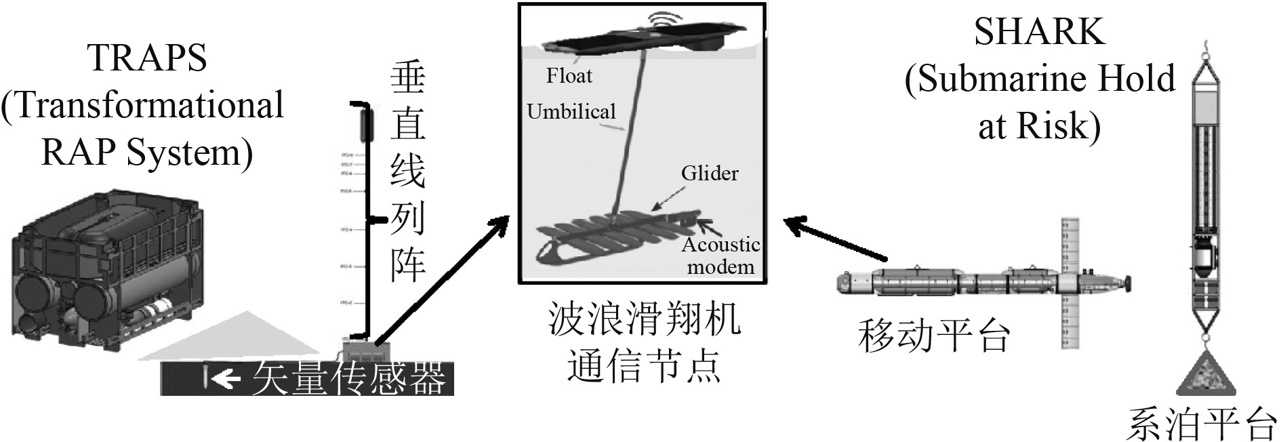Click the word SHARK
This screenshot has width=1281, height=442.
1039,32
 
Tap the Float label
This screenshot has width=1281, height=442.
569,76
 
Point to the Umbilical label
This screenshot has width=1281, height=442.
571,111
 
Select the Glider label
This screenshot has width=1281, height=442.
710,174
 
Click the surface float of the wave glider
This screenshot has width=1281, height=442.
644,39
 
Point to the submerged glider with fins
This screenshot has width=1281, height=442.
610,237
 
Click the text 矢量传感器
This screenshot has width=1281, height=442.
349,378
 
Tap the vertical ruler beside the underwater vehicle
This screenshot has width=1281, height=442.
1069,285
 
